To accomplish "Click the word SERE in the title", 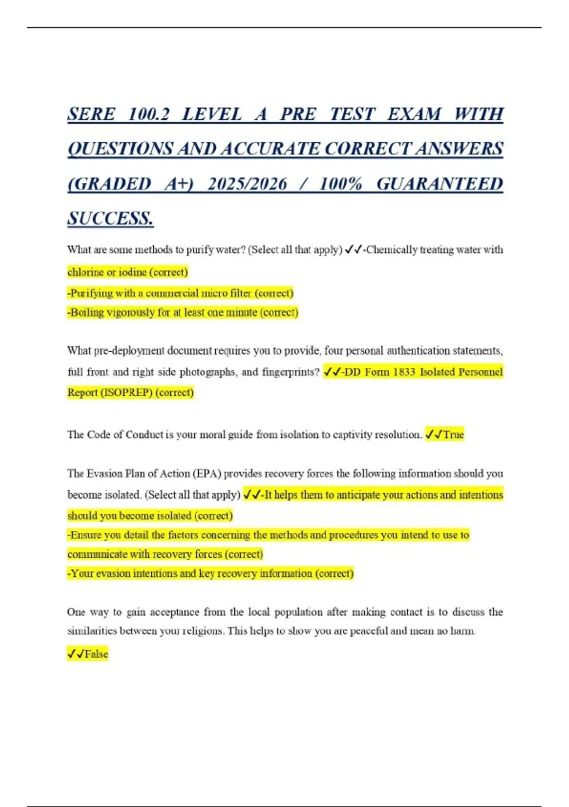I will pyautogui.click(x=91, y=114).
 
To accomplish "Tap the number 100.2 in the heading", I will pyautogui.click(x=148, y=114).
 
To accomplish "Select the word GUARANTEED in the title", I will pyautogui.click(x=440, y=184).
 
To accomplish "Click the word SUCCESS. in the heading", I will pyautogui.click(x=110, y=219).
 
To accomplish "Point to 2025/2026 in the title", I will pyautogui.click(x=247, y=184).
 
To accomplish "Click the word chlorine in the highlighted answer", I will pyautogui.click(x=85, y=272).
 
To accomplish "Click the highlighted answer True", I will pyautogui.click(x=453, y=434).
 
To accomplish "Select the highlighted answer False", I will pyautogui.click(x=96, y=654).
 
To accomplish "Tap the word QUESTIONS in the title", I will pyautogui.click(x=120, y=149).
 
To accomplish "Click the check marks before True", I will pyautogui.click(x=434, y=434).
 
